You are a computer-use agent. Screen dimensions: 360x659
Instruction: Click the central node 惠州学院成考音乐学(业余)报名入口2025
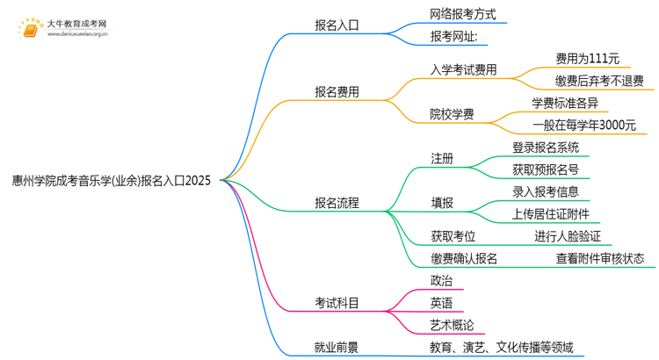tap(112, 181)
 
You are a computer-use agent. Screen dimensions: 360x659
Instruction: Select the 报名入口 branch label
tap(337, 25)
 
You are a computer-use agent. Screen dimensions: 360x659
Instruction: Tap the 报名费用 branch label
tap(337, 91)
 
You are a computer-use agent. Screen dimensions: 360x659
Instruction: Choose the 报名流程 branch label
tap(337, 203)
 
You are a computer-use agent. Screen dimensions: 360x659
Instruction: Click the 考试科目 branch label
tap(337, 303)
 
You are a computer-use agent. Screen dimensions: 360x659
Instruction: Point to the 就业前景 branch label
tap(337, 348)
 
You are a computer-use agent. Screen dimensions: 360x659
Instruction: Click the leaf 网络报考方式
tap(463, 14)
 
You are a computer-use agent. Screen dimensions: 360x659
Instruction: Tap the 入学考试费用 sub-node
tap(463, 69)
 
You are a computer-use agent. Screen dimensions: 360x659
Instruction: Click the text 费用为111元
tap(587, 59)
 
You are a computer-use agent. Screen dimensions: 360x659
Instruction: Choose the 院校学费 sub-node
tap(452, 114)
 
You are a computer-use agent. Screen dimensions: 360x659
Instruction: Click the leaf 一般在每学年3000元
tap(583, 126)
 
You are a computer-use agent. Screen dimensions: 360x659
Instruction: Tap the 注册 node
tap(442, 159)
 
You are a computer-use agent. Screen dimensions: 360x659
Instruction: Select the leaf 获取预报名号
tap(545, 169)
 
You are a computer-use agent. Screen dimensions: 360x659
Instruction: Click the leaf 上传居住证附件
tap(550, 214)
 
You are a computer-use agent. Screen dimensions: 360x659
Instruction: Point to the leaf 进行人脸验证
tap(573, 236)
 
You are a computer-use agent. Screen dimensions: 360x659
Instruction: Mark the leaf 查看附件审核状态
tap(599, 259)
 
